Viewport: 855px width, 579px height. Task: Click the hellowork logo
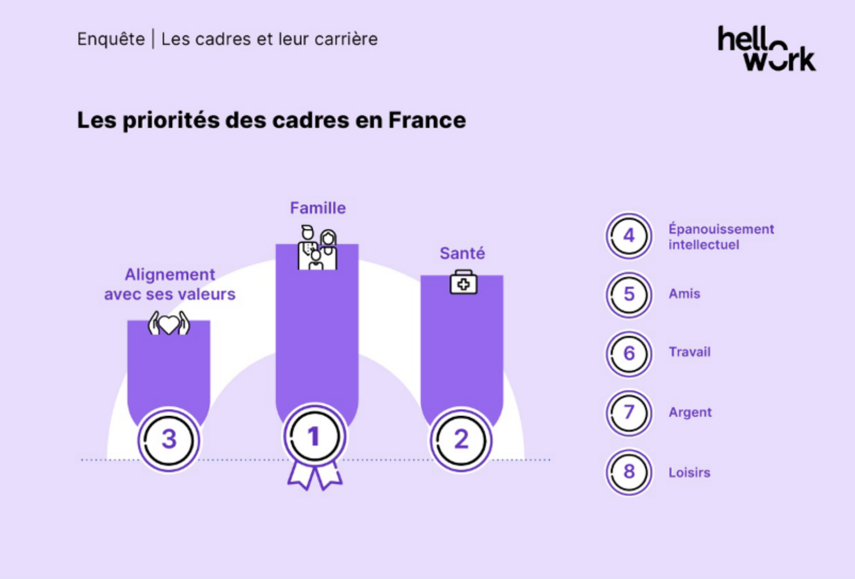(x=766, y=49)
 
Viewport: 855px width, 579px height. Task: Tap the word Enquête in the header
(x=111, y=39)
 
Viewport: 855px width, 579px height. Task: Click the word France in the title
(x=427, y=120)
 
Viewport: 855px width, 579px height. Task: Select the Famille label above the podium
(x=318, y=208)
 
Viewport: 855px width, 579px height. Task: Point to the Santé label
(x=462, y=253)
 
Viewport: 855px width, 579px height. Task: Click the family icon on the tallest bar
(x=317, y=248)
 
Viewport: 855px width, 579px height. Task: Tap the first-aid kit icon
(x=463, y=282)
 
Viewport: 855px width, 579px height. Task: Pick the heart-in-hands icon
(x=169, y=323)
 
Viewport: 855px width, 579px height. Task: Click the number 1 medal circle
(x=315, y=437)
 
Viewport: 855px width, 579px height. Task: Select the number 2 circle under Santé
(x=461, y=440)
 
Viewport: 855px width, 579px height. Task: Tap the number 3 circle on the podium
(x=169, y=440)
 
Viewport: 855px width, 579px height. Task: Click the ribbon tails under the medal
(x=315, y=477)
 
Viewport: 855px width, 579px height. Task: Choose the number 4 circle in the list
(x=629, y=236)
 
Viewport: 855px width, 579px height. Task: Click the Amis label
(x=684, y=294)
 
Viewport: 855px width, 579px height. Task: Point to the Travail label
(x=689, y=352)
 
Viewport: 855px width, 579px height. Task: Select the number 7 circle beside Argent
(x=629, y=413)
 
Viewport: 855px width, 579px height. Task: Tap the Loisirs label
(x=689, y=473)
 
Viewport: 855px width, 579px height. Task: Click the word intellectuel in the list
(x=704, y=245)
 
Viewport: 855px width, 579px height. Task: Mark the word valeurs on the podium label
(x=209, y=294)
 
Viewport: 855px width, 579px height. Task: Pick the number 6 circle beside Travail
(x=629, y=354)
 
